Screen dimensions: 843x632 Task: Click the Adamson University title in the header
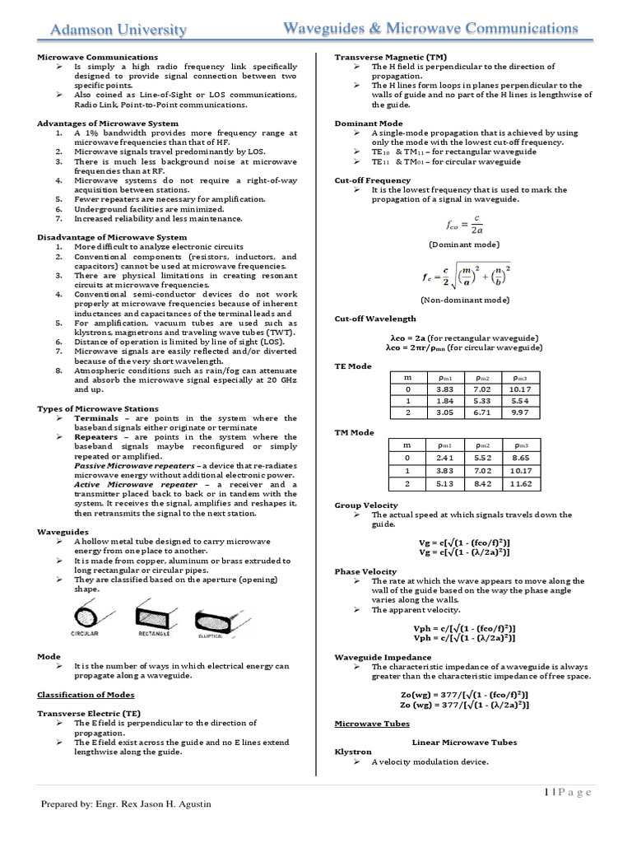point(119,30)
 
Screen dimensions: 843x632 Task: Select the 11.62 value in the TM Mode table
point(520,483)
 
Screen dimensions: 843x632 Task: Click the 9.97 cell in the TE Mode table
point(520,412)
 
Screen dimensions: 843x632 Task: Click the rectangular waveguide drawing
point(154,618)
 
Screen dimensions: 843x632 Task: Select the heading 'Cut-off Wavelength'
point(375,319)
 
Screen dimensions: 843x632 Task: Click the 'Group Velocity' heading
point(366,505)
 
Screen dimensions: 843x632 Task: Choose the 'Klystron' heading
point(353,752)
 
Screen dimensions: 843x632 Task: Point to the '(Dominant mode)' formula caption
point(464,245)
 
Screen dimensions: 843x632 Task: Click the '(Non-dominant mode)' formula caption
point(464,300)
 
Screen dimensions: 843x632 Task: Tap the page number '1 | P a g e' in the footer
point(568,792)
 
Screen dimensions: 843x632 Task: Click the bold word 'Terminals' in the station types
point(96,418)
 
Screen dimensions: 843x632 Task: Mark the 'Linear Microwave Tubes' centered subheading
point(464,742)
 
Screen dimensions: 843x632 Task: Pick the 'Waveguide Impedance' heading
point(383,657)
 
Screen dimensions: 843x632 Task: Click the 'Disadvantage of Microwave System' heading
point(112,237)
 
